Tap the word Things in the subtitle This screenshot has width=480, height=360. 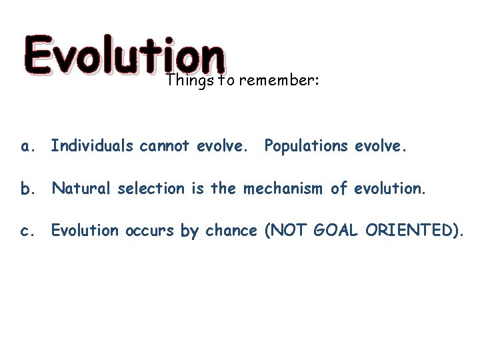pyautogui.click(x=186, y=81)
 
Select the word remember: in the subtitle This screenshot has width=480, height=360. pyautogui.click(x=279, y=81)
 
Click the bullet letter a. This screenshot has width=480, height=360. pyautogui.click(x=27, y=145)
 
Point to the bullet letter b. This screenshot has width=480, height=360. pyautogui.click(x=27, y=188)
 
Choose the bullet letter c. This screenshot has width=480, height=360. pyautogui.click(x=27, y=231)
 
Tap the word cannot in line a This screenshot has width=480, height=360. pyautogui.click(x=161, y=145)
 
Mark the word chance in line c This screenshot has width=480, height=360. pyautogui.click(x=229, y=231)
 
